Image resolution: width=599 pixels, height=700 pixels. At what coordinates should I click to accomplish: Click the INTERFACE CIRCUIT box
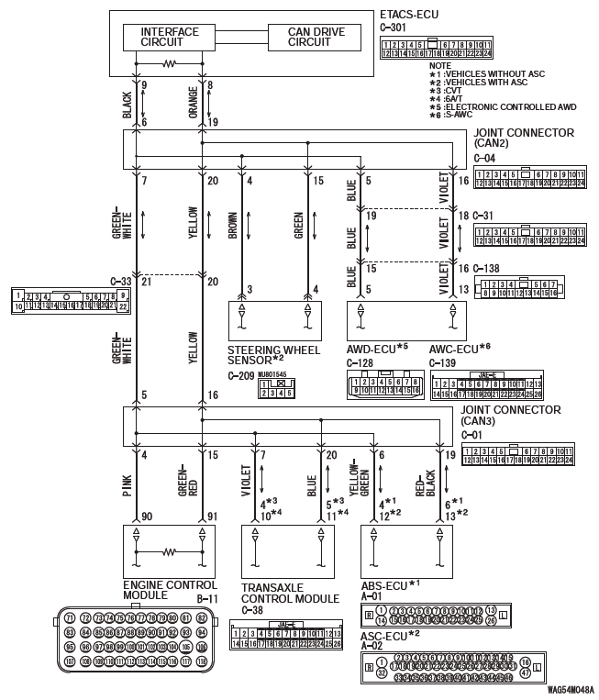(x=170, y=37)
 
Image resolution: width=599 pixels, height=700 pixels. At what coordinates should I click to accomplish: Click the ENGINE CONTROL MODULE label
(x=169, y=589)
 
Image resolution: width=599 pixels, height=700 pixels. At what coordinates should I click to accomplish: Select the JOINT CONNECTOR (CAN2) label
(x=524, y=138)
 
